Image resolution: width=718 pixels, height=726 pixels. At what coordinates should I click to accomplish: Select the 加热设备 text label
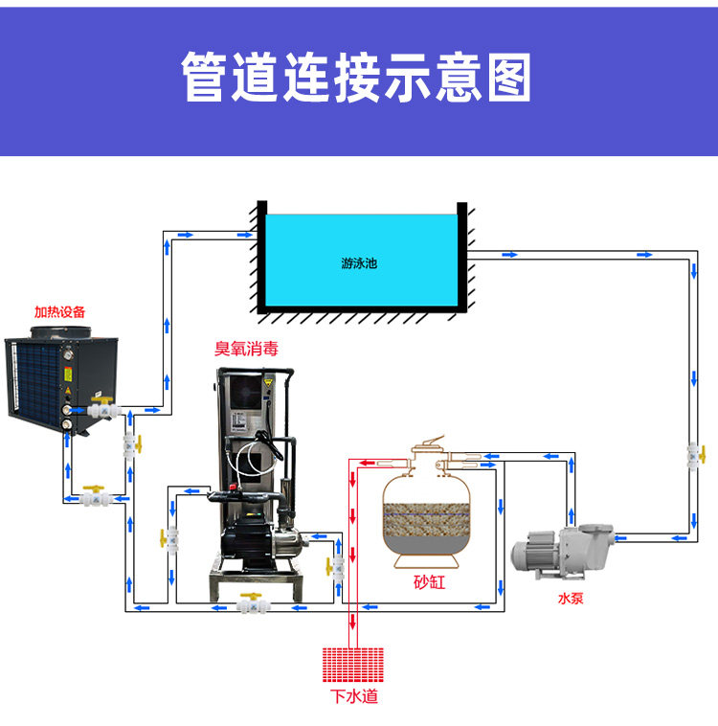tap(59, 311)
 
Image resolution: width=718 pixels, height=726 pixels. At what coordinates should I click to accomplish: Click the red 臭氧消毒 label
tap(247, 351)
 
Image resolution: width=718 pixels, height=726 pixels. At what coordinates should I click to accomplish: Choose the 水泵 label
tap(571, 599)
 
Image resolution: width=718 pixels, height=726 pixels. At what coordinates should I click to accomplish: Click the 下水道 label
tap(353, 696)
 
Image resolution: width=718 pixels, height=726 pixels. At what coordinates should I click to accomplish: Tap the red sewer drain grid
tap(353, 662)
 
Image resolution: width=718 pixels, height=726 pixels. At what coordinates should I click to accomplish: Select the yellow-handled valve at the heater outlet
tap(97, 408)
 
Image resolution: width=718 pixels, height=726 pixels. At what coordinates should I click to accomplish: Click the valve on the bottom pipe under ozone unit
tap(253, 605)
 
